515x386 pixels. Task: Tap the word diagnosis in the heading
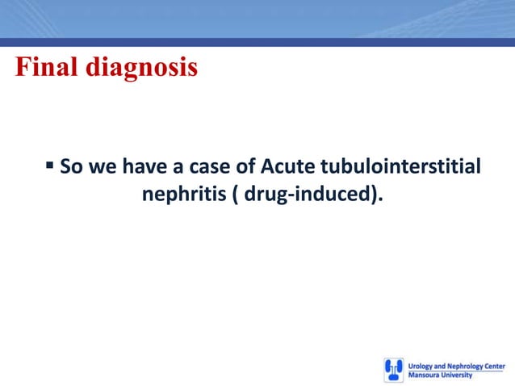point(141,69)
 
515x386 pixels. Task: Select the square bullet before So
point(50,166)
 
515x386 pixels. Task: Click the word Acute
point(289,167)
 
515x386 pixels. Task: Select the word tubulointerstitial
point(400,167)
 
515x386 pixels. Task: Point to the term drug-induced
point(307,195)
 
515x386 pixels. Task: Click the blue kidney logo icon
point(393,370)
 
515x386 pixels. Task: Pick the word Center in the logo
point(495,366)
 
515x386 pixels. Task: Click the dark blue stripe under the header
point(257,42)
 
